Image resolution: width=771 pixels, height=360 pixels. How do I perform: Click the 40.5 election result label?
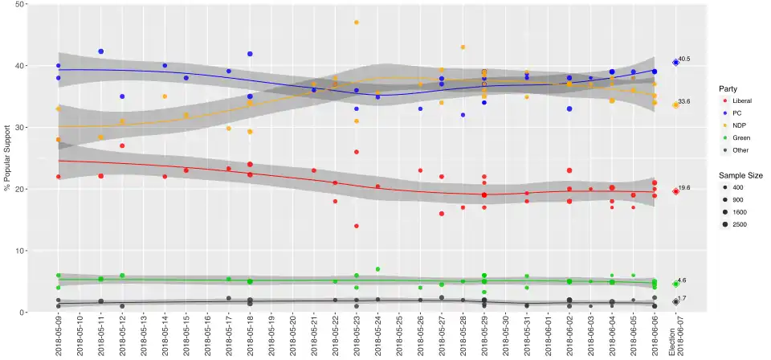coord(684,59)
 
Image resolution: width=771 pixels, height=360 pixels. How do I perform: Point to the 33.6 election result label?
coord(684,101)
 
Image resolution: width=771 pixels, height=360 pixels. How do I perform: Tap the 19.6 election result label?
coord(684,188)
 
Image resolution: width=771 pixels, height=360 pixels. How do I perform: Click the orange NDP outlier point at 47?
coord(357,22)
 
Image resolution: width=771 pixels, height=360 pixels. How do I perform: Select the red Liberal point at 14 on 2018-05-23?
coord(357,226)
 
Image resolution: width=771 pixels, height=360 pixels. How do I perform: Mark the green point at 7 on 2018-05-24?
coord(377,269)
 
